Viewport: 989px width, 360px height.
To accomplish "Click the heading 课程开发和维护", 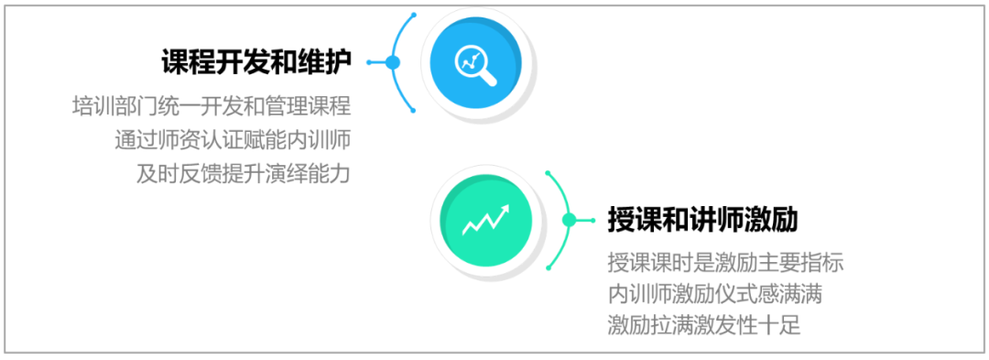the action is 256,61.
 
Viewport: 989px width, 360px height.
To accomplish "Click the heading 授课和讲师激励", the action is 703,220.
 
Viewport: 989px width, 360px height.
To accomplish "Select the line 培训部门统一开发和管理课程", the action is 212,106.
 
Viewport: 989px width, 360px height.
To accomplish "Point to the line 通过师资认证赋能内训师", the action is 233,139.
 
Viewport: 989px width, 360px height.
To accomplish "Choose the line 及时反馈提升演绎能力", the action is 244,173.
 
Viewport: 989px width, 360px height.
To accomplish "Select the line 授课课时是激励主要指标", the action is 726,262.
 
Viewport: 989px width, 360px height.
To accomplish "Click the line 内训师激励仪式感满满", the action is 715,294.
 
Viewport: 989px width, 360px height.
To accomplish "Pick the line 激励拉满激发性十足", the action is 704,327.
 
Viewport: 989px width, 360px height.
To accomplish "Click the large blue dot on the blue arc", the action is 393,61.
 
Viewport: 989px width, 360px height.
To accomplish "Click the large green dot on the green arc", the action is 569,220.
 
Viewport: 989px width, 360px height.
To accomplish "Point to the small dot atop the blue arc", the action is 413,14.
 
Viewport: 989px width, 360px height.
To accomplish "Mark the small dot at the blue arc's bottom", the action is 413,110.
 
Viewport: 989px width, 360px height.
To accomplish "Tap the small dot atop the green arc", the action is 549,172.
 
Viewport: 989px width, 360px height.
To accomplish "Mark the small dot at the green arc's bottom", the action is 549,268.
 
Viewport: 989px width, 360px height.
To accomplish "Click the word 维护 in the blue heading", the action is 324,61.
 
